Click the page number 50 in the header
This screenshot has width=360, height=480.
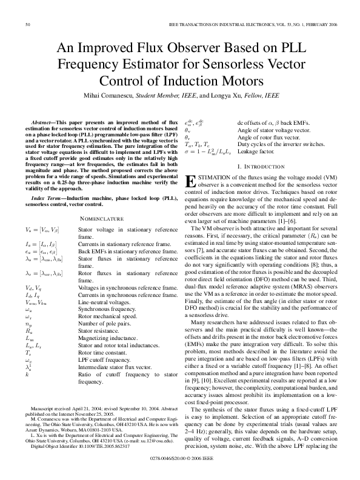pyautogui.click(x=28, y=24)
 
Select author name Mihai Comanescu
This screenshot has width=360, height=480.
pyautogui.click(x=111, y=95)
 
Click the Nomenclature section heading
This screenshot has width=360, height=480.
pyautogui.click(x=102, y=218)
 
